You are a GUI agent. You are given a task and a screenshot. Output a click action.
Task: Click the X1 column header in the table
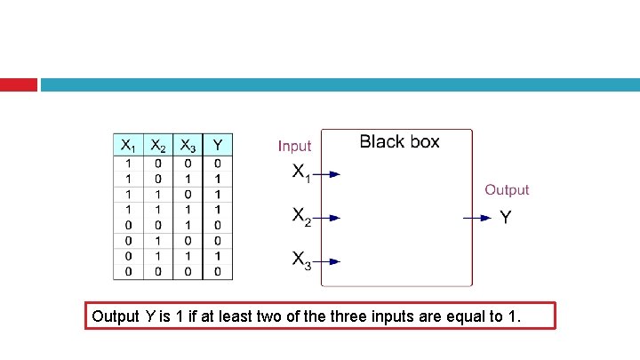point(129,145)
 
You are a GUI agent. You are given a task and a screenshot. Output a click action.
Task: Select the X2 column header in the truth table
point(158,145)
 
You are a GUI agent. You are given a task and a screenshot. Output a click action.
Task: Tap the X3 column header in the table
point(188,145)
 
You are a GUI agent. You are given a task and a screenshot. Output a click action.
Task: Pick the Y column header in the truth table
point(218,145)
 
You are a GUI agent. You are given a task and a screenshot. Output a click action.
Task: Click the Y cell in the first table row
point(218,163)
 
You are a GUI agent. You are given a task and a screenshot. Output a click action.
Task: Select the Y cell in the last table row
point(218,271)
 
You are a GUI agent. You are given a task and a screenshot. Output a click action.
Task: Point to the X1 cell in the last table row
point(129,271)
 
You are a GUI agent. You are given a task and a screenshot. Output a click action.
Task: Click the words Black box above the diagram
point(399,142)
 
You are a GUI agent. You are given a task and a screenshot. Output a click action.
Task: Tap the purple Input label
point(295,146)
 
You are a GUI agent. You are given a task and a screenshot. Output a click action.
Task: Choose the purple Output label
point(506,189)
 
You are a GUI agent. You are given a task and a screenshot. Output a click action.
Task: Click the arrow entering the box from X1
point(329,174)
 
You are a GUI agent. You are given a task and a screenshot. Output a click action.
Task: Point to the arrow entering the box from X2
point(329,217)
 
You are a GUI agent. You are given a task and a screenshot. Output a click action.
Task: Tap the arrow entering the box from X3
point(329,261)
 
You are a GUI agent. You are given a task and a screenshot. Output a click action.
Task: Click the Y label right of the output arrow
point(505,217)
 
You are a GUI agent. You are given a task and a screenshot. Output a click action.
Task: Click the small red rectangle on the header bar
point(18,84)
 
